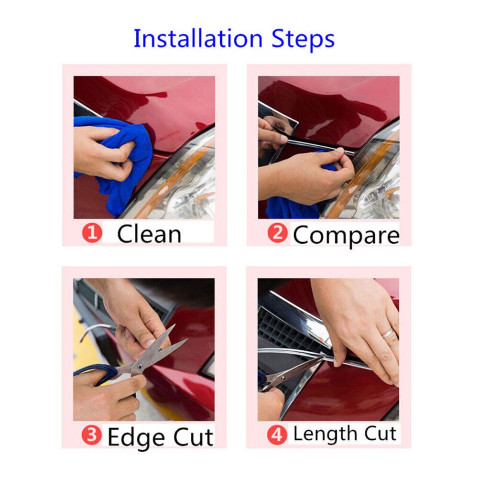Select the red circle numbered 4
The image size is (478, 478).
pyautogui.click(x=278, y=435)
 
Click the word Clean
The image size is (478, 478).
pyautogui.click(x=149, y=234)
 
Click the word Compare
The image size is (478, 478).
pyautogui.click(x=346, y=235)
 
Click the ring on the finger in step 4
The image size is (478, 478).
pyautogui.click(x=388, y=334)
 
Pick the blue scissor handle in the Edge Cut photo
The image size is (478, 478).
pyautogui.click(x=96, y=373)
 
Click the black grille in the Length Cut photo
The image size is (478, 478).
pyautogui.click(x=282, y=330)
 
